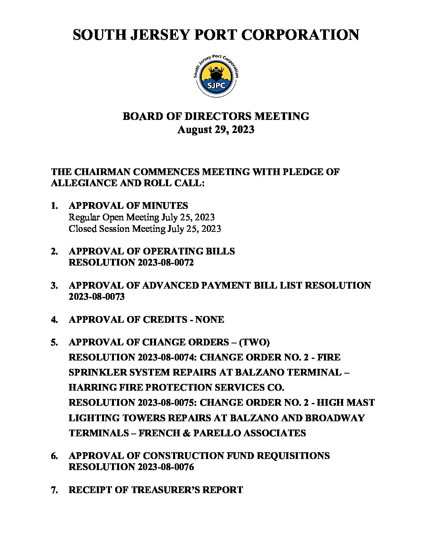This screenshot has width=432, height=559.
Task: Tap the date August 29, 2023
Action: click(216, 130)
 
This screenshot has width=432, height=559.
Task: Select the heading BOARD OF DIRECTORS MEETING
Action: click(216, 116)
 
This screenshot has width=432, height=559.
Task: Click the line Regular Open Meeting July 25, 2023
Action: click(141, 217)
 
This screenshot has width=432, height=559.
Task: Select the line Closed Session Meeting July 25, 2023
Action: click(145, 229)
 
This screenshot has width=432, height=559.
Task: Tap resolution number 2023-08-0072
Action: click(166, 262)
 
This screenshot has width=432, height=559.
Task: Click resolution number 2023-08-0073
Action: click(96, 297)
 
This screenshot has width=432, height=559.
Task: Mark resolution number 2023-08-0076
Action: click(166, 467)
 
